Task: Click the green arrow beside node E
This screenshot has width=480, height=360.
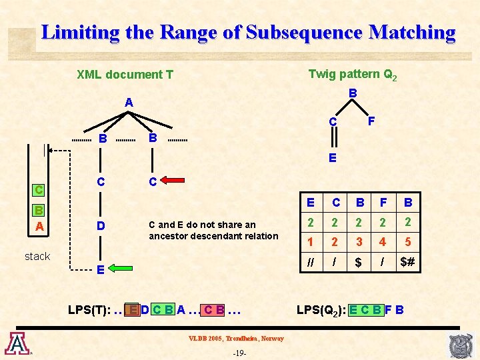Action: tap(121, 269)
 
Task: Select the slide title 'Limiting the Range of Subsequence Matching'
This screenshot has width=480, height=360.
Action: tap(248, 32)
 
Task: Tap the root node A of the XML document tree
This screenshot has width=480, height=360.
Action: tap(129, 103)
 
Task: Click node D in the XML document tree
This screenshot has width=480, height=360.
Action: tap(100, 226)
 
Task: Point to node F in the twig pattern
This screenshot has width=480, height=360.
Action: tap(371, 122)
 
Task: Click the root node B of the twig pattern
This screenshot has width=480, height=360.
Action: tap(353, 94)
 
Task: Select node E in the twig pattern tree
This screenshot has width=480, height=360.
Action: tap(332, 158)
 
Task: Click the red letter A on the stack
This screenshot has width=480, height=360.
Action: tap(39, 227)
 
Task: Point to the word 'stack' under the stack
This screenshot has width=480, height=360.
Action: tap(37, 256)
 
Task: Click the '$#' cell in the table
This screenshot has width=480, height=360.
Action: tap(407, 262)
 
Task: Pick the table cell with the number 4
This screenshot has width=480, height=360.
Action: tap(383, 242)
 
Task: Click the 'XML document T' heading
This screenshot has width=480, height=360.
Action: tap(125, 75)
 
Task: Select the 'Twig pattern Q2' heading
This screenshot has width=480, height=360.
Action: tap(353, 75)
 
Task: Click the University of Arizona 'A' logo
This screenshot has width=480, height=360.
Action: tap(16, 343)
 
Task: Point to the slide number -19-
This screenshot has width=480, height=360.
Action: tap(239, 353)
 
